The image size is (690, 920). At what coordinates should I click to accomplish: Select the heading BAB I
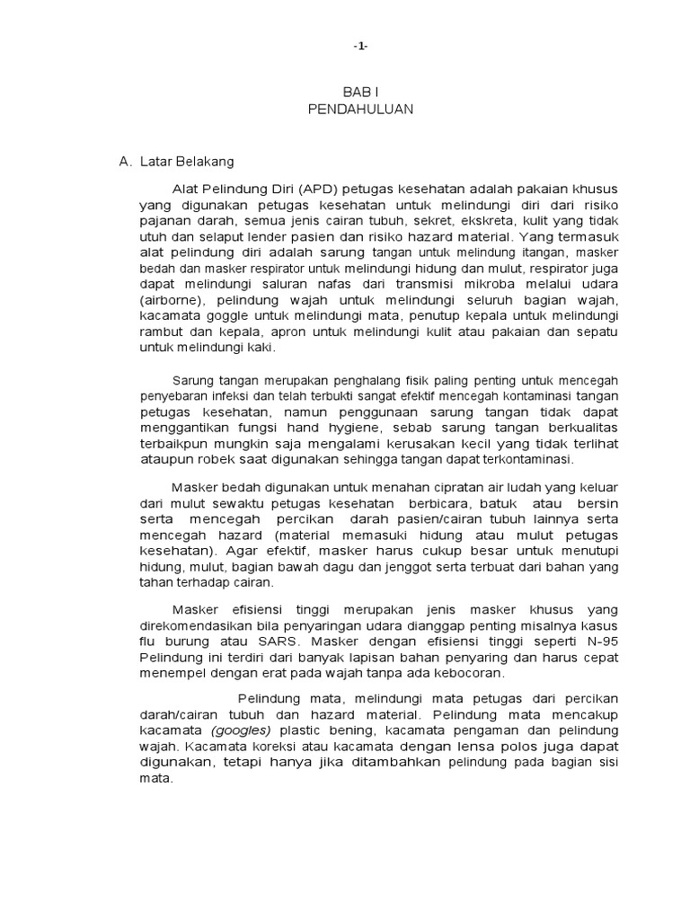(359, 93)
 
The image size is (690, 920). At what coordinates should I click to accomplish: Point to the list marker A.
(126, 162)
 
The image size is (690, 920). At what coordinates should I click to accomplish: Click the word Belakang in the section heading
(207, 162)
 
